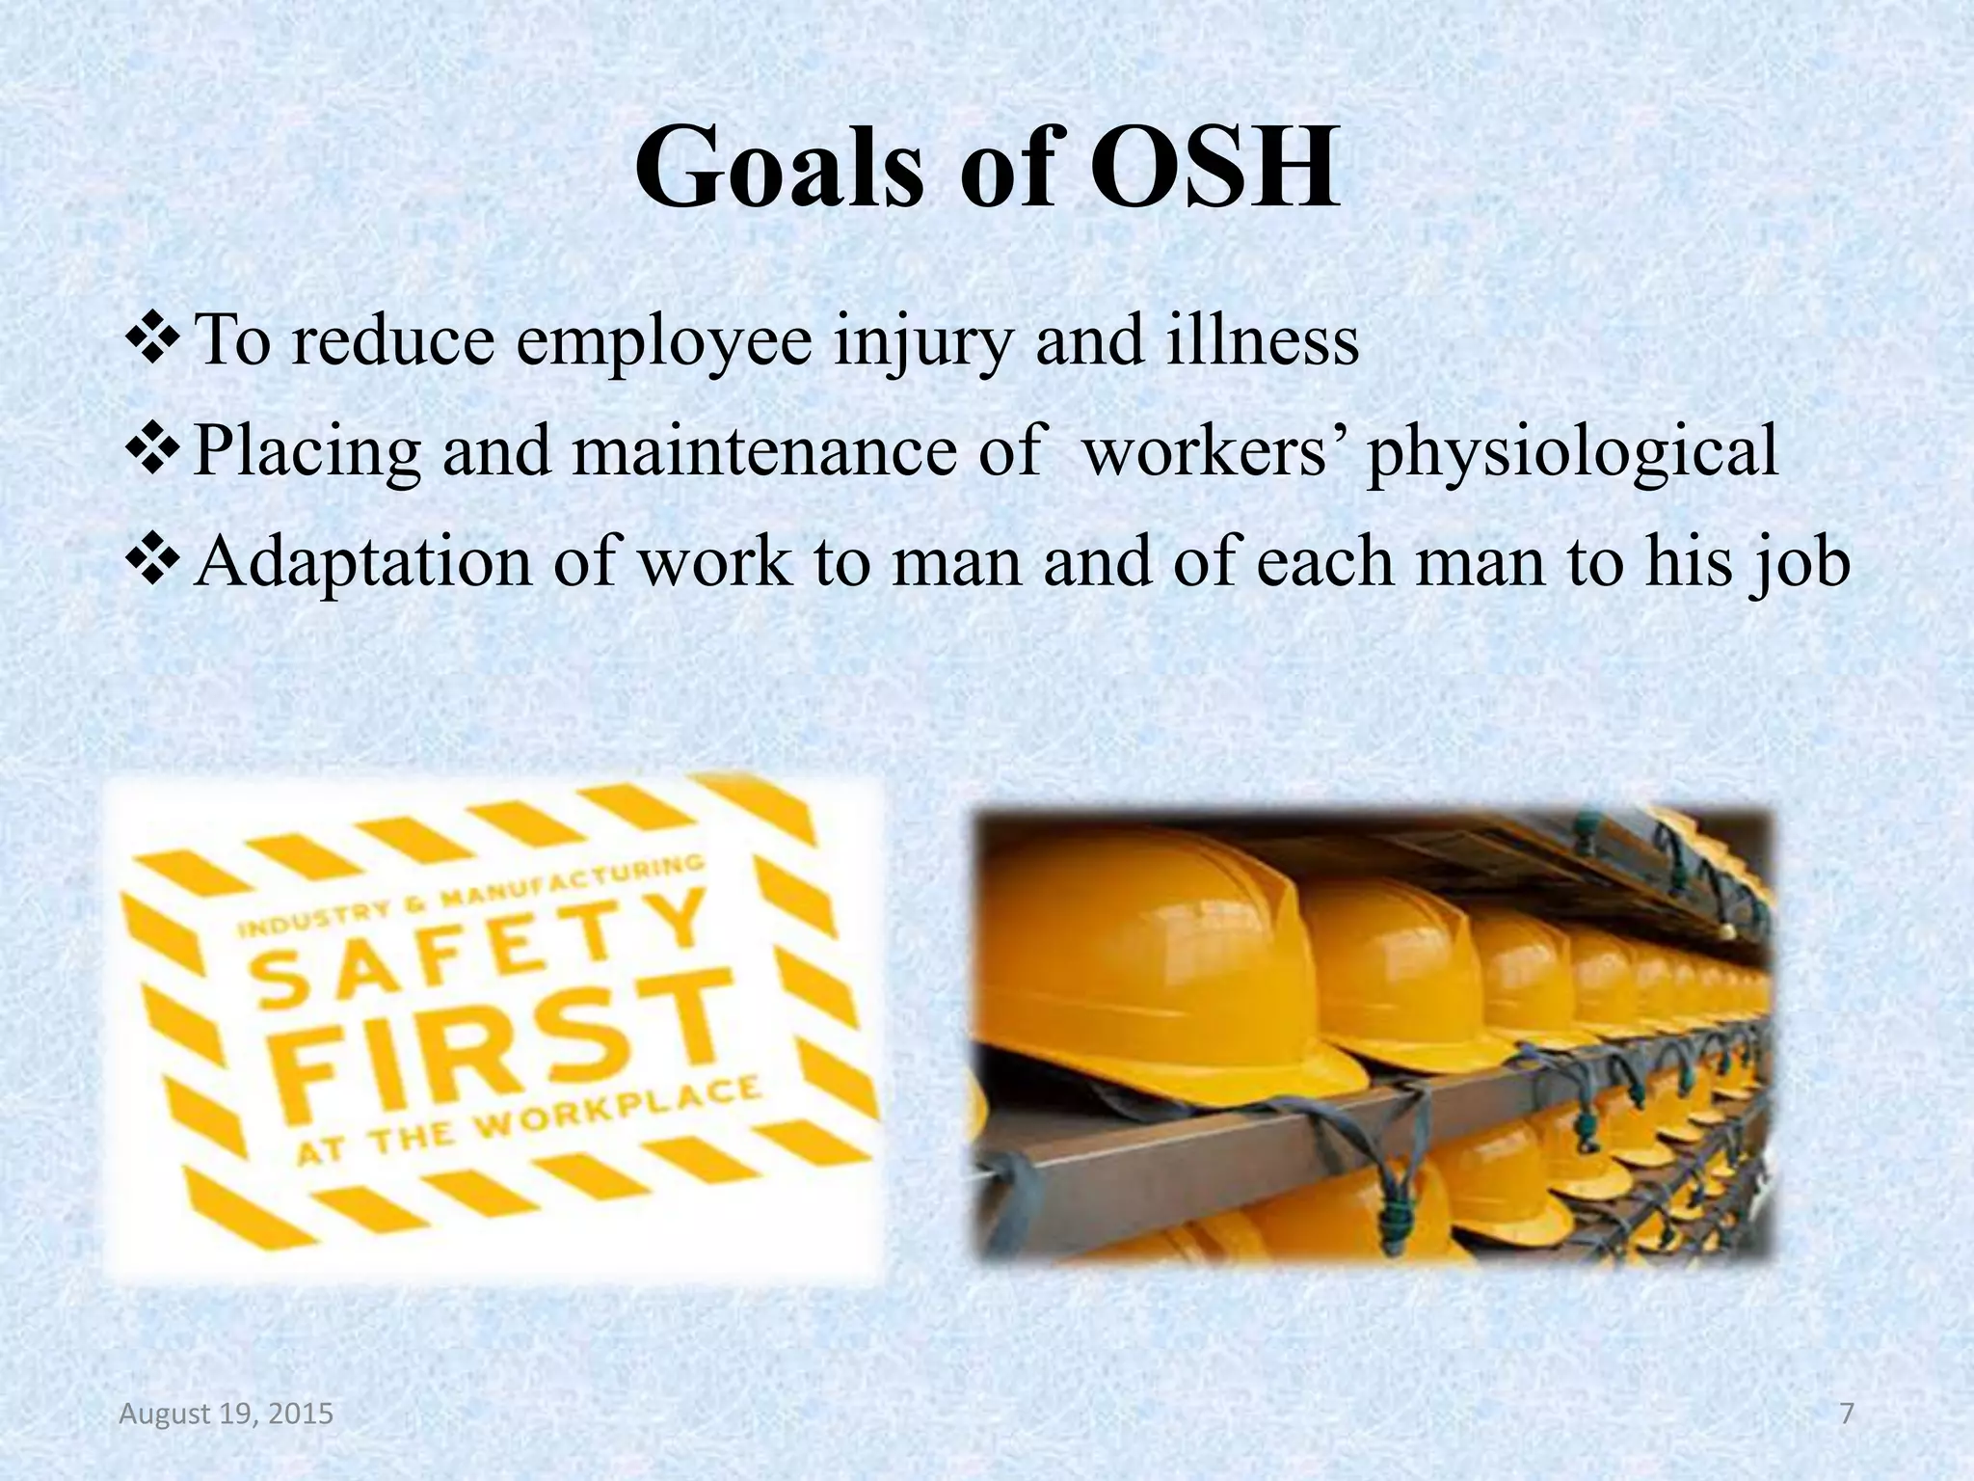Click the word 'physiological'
1572,452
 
